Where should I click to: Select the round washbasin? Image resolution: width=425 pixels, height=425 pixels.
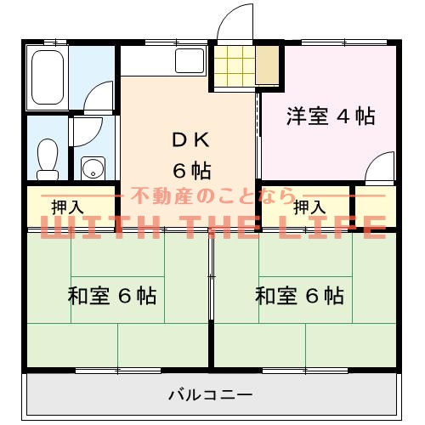pos(92,167)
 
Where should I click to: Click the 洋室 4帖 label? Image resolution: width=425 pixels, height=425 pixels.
pos(331,117)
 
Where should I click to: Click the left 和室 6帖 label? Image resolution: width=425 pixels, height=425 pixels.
pos(111,297)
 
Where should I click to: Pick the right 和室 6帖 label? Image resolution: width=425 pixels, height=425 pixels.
pos(299,297)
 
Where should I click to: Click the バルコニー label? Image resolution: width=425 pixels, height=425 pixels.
pos(210,394)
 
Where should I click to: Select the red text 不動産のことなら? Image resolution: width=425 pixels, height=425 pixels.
pos(212,197)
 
